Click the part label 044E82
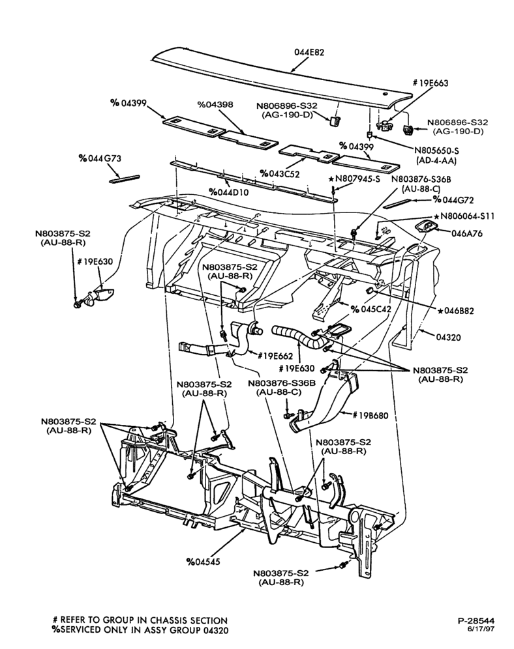(x=309, y=53)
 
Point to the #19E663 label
(x=431, y=83)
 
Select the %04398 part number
(x=215, y=105)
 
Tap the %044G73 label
(x=100, y=158)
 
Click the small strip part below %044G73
(x=124, y=179)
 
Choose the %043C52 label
(x=280, y=173)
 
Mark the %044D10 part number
(x=229, y=192)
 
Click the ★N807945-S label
(x=355, y=179)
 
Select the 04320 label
(x=448, y=338)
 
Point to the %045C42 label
(x=370, y=309)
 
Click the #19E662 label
(x=275, y=356)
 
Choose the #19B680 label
(x=370, y=414)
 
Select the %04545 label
(x=204, y=562)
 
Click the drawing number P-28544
(x=476, y=620)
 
